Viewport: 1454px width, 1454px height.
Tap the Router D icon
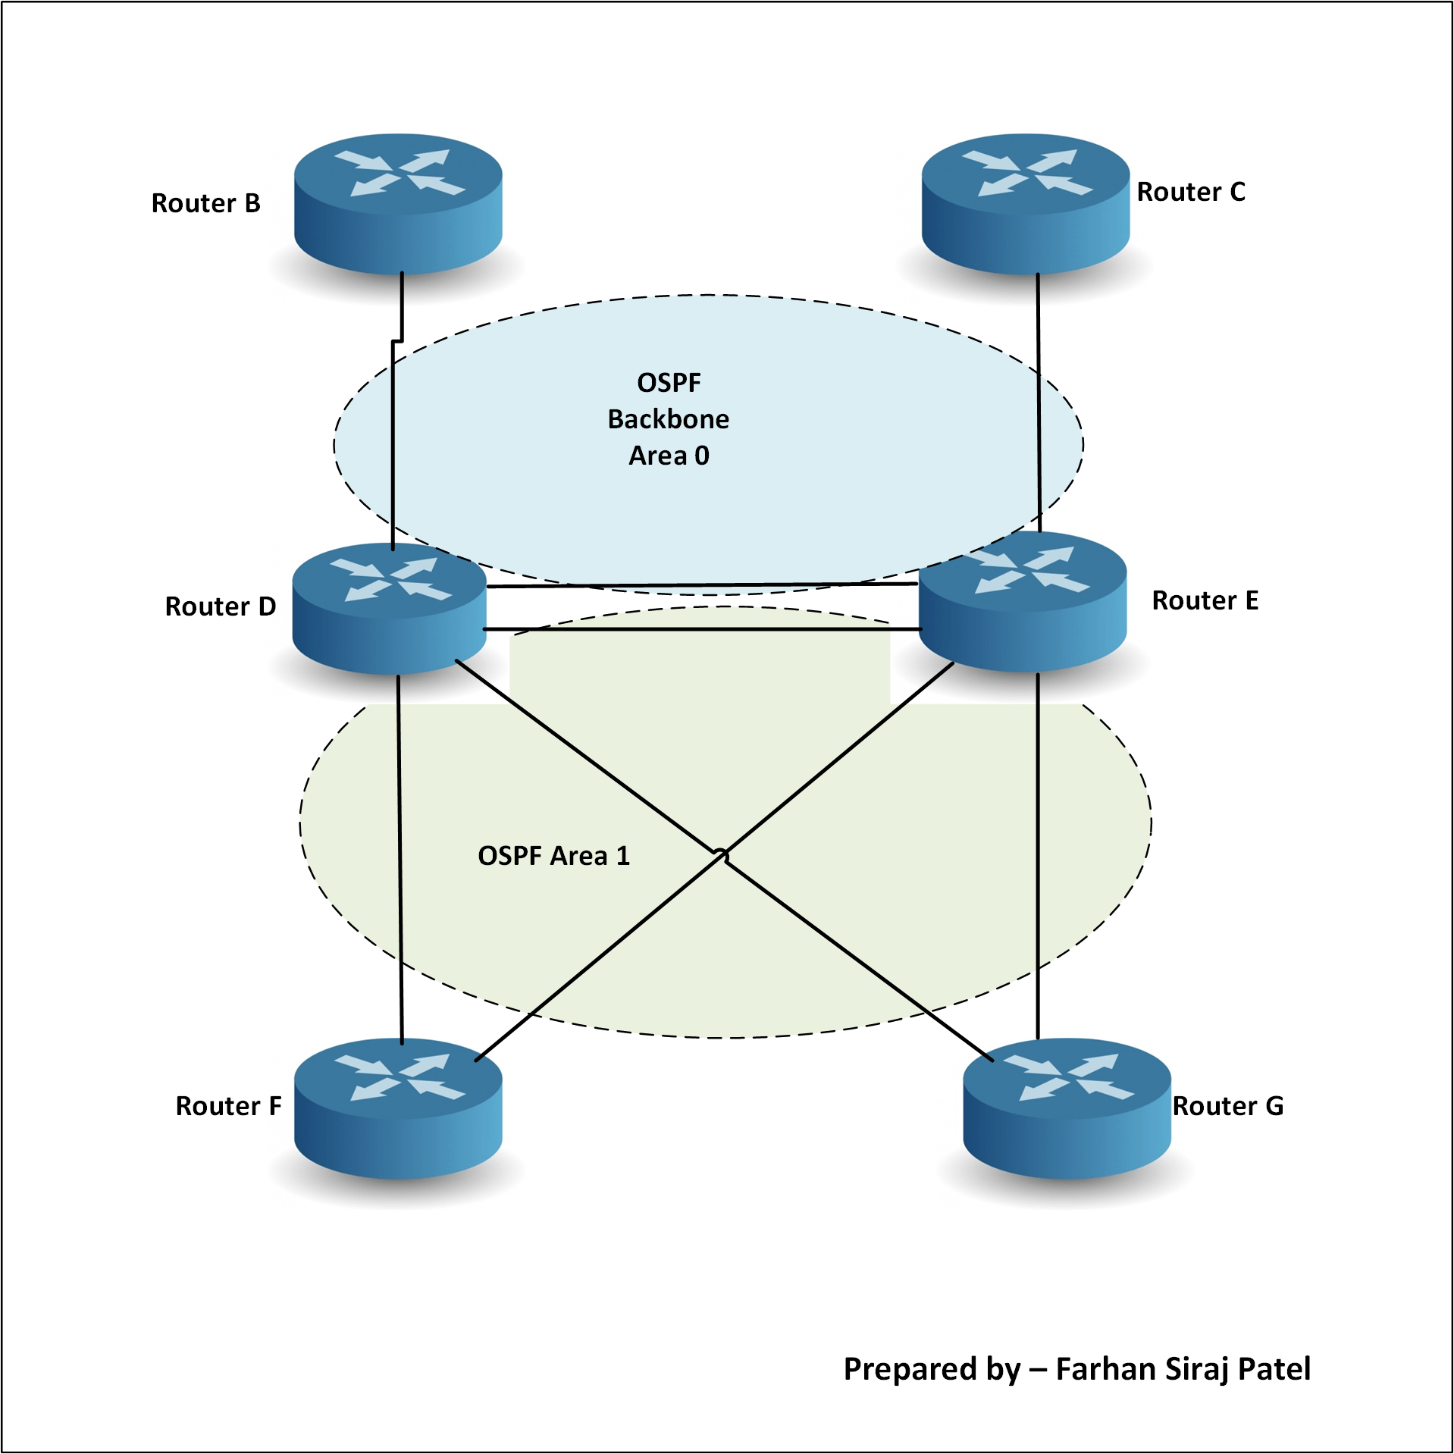(389, 609)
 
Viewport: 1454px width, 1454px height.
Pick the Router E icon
(1022, 601)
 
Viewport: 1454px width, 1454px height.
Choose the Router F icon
(398, 1108)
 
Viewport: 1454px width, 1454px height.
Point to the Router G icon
(1067, 1108)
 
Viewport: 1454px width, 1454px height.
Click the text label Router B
(205, 203)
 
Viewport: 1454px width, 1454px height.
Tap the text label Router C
(1190, 192)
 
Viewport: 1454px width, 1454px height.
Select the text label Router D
(220, 606)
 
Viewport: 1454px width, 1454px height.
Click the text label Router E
(1205, 600)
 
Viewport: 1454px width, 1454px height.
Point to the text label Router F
(228, 1106)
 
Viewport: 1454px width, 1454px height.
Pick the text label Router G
(1227, 1106)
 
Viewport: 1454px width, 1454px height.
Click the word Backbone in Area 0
(668, 419)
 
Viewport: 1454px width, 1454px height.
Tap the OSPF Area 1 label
(553, 856)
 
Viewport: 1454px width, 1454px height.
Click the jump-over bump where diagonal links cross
(722, 856)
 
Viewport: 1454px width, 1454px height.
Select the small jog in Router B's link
(396, 341)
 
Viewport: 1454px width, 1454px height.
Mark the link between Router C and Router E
(1039, 402)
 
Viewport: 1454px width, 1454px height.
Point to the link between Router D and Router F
(400, 857)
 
